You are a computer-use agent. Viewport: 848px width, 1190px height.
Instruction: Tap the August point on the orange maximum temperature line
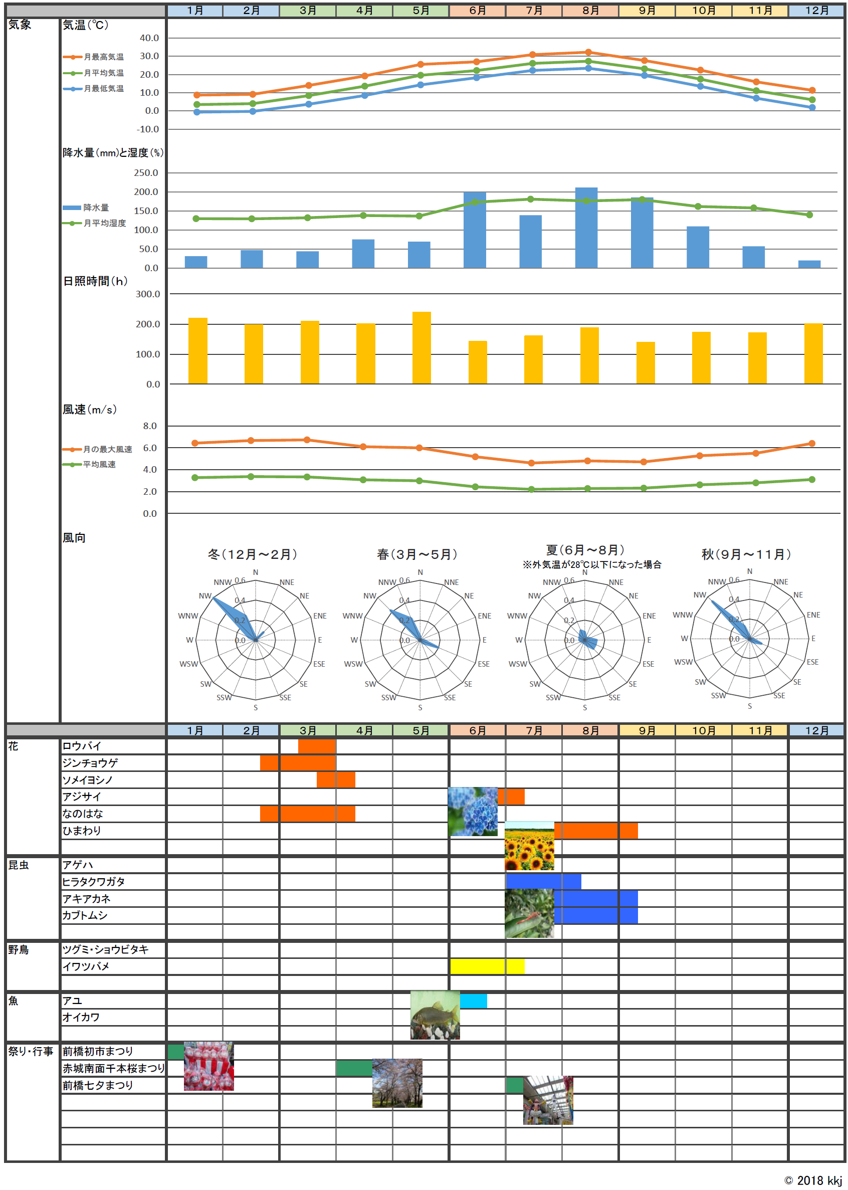(x=588, y=52)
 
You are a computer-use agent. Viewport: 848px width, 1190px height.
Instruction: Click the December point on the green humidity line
(x=809, y=215)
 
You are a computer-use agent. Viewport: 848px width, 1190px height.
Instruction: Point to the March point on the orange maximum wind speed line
(x=307, y=440)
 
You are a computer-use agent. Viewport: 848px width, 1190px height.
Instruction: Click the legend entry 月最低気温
(x=104, y=89)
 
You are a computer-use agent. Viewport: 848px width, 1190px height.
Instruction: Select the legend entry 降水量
(x=96, y=208)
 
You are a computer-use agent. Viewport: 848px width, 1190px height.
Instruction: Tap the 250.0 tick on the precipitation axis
(x=146, y=173)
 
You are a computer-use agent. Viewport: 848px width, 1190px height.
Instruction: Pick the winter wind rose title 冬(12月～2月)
(x=253, y=554)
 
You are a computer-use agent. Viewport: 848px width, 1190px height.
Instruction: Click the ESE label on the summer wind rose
(x=648, y=664)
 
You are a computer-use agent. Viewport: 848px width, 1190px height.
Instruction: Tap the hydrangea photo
(x=473, y=812)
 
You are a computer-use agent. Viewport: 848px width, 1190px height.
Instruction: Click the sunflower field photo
(x=529, y=846)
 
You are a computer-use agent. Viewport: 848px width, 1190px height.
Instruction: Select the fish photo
(x=435, y=1015)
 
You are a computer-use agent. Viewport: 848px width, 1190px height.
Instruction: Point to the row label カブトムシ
(x=85, y=915)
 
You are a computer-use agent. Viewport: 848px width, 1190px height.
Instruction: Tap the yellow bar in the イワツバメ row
(x=487, y=966)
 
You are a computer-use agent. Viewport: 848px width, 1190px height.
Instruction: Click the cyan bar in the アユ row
(x=473, y=1001)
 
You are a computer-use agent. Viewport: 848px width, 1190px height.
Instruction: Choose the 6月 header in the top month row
(x=477, y=11)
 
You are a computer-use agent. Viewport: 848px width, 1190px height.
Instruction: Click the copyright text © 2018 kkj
(x=813, y=1180)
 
